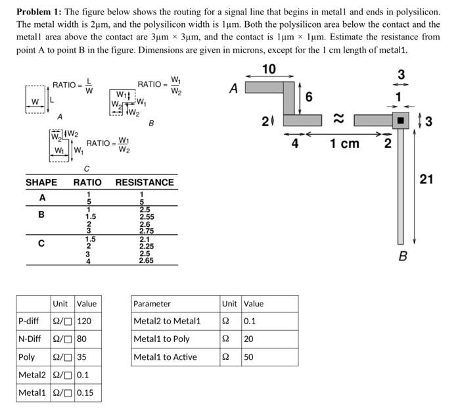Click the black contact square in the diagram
(x=400, y=121)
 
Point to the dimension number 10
(x=269, y=69)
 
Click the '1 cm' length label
(x=345, y=143)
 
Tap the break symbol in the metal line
(x=338, y=119)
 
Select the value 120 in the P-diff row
(x=84, y=321)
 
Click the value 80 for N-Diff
(x=81, y=339)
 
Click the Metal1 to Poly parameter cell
(x=162, y=339)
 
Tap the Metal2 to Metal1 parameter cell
(x=167, y=321)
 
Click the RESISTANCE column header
(x=145, y=182)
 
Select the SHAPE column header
(x=41, y=182)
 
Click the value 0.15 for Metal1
(x=85, y=393)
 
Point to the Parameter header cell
(x=152, y=303)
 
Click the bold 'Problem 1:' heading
(x=39, y=12)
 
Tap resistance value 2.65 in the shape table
(x=146, y=260)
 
